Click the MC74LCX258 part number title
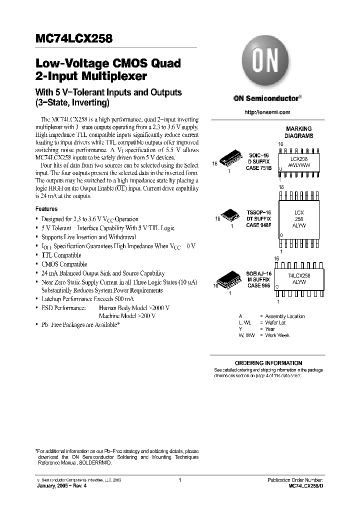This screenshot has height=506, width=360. click(x=73, y=38)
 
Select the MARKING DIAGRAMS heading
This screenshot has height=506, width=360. click(x=298, y=132)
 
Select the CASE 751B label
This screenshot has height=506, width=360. click(x=259, y=168)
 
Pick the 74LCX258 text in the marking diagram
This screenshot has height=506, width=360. click(x=299, y=275)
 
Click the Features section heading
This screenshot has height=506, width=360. click(x=46, y=209)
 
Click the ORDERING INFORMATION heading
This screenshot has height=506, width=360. click(x=268, y=363)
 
